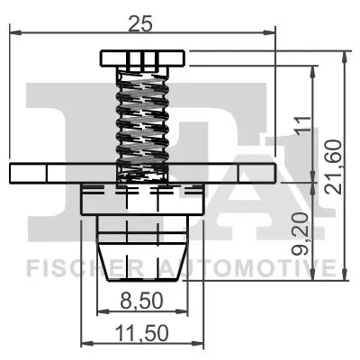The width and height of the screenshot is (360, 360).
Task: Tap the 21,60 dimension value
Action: pyautogui.click(x=335, y=165)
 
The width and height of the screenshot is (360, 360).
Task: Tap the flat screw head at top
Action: pyautogui.click(x=141, y=59)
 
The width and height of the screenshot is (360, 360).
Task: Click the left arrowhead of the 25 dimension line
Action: pyautogui.click(x=13, y=34)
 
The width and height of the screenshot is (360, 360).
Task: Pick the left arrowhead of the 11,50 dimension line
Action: pyautogui.click(x=85, y=343)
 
